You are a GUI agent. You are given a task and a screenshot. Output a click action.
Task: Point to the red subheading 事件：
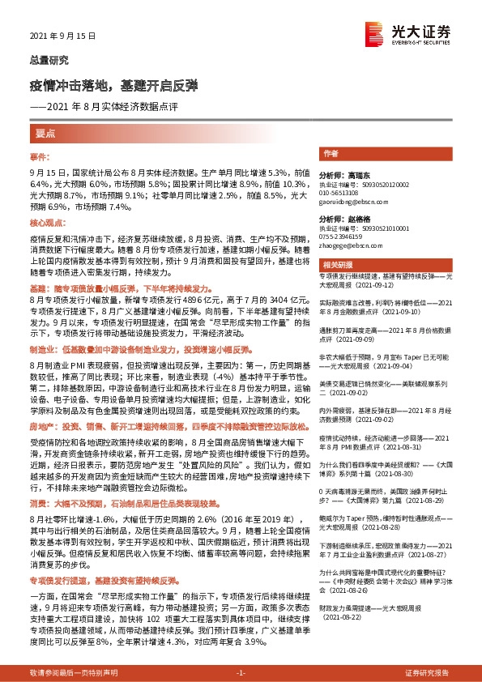pyautogui.click(x=40, y=156)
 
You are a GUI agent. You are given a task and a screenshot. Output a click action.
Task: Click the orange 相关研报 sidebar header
pyautogui.click(x=337, y=265)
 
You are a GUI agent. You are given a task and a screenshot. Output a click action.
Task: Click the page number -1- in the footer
pyautogui.click(x=241, y=673)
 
